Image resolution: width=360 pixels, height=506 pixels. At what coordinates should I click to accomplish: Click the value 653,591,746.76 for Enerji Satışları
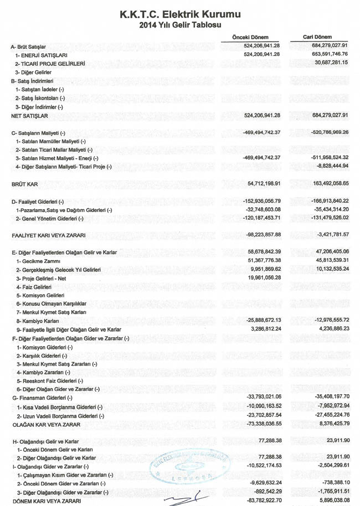pos(329,55)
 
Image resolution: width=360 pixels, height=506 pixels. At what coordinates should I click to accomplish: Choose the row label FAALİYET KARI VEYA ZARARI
pos(48,235)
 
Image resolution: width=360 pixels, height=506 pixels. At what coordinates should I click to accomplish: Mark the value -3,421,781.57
pos(332,235)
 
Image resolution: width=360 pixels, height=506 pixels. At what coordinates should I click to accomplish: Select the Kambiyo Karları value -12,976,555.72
pos(331,319)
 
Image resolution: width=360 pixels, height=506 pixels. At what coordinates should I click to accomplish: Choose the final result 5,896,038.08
pos(332,500)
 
